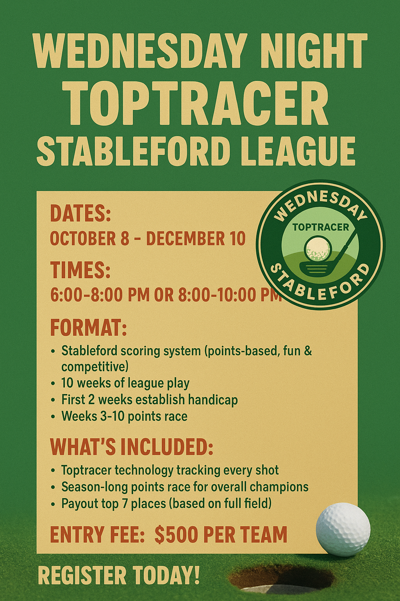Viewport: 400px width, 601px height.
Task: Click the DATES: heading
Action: [x=80, y=213]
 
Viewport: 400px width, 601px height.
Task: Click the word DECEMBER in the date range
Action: [x=186, y=238]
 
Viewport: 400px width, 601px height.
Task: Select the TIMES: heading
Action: [x=80, y=270]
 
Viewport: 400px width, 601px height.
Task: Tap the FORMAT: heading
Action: [x=88, y=327]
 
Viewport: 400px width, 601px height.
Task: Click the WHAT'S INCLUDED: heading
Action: [x=132, y=447]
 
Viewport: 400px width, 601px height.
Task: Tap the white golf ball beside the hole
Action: [x=343, y=528]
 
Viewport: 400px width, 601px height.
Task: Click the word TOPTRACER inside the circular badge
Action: [x=321, y=227]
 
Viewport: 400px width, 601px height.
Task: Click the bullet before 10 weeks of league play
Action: [x=53, y=384]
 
